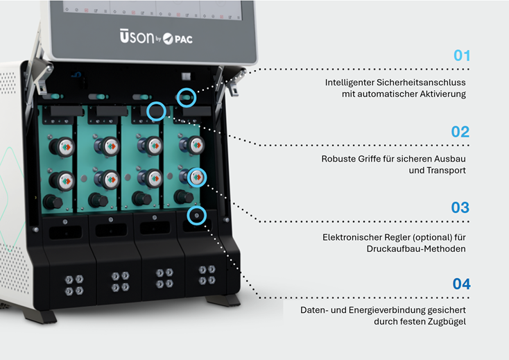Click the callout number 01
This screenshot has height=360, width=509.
tap(462, 55)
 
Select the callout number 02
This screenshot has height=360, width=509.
tap(460, 132)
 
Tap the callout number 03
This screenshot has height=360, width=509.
tap(460, 207)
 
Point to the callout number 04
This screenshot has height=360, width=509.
tap(461, 284)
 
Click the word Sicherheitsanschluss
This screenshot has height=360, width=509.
tap(421, 83)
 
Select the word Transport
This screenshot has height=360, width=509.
tap(438, 171)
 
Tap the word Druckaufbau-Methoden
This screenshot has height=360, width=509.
tap(416, 248)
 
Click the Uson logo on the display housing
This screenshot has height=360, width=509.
tap(137, 36)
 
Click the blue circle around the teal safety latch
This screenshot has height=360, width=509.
tap(187, 88)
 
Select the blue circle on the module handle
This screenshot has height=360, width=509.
tap(156, 102)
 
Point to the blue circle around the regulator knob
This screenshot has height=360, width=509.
tap(197, 168)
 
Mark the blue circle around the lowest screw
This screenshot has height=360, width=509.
tap(197, 206)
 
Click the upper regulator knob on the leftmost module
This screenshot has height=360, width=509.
tap(62, 147)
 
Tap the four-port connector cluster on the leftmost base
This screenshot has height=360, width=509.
tap(74, 284)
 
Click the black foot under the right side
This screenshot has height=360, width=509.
tap(223, 300)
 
